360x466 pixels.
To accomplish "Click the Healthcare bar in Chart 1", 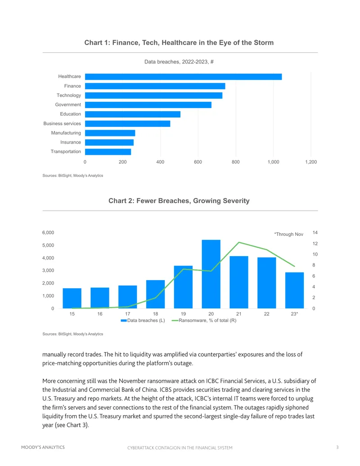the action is [x=183, y=77].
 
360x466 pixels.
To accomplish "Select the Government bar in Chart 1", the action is [x=148, y=105].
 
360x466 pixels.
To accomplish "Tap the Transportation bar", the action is [x=108, y=152].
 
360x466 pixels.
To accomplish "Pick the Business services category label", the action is [x=62, y=124].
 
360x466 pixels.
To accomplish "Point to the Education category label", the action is [x=70, y=114].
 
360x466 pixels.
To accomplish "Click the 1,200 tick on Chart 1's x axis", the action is [x=311, y=162].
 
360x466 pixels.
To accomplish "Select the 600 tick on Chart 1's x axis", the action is [x=198, y=162].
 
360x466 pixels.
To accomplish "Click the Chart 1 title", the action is [x=179, y=43].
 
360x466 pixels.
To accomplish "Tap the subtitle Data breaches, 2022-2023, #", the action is [x=179, y=62].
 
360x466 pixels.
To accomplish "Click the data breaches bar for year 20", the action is [x=211, y=274].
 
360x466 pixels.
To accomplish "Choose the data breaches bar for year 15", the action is [x=72, y=299].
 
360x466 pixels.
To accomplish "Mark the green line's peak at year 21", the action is [x=239, y=243].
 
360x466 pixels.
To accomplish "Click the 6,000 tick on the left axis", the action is [x=48, y=233].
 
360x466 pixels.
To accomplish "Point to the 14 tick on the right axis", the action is [x=315, y=233].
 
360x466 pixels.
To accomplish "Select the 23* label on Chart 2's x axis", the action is [x=294, y=314].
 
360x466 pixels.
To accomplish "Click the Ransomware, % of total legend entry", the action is [x=204, y=321].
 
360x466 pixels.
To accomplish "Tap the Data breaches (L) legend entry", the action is [x=143, y=321].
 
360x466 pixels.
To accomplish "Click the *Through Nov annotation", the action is [x=289, y=234].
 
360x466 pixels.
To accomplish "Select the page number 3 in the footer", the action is [x=337, y=447].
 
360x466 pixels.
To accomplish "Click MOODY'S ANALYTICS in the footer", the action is [x=43, y=447].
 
